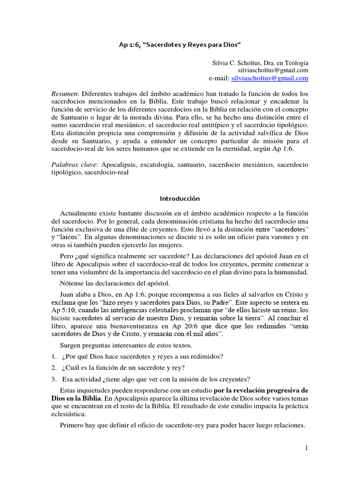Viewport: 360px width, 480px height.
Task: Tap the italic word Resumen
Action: [64, 94]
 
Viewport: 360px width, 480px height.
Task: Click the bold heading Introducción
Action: [180, 199]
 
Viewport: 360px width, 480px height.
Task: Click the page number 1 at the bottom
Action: [307, 448]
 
